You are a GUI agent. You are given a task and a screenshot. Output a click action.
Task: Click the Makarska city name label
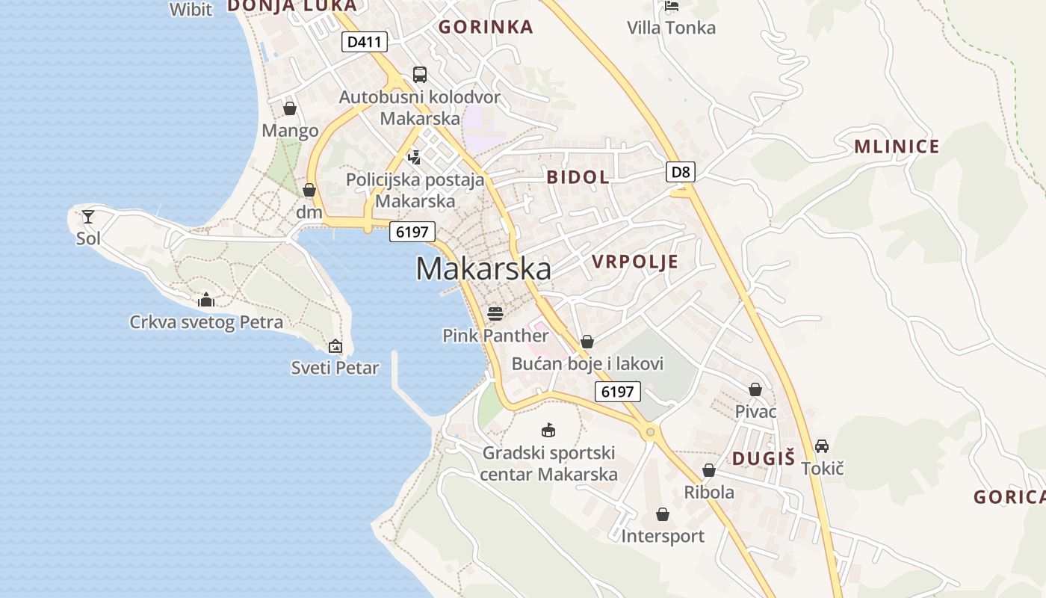pos(483,269)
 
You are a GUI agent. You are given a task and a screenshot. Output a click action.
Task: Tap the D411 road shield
pos(365,42)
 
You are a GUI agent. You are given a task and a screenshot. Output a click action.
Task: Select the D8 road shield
pos(681,173)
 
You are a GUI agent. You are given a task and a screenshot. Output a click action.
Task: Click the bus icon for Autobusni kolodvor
pos(420,75)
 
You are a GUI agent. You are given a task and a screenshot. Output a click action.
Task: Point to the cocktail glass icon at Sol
pos(88,217)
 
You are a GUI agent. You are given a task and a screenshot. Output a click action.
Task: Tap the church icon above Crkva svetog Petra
pos(206,300)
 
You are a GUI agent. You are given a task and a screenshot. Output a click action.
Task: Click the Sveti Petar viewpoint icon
pos(335,346)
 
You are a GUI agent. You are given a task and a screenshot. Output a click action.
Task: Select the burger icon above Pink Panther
pos(495,312)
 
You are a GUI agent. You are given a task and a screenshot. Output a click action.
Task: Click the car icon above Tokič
pos(822,446)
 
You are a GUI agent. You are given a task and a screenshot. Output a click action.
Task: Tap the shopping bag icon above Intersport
pos(662,514)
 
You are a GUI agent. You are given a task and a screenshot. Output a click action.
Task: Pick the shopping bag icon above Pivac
pos(755,389)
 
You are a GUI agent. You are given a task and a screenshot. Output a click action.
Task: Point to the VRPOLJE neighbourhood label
pos(635,262)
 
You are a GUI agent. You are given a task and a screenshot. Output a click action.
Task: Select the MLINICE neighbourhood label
pos(897,147)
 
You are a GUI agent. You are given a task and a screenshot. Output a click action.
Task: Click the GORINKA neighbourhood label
pos(486,28)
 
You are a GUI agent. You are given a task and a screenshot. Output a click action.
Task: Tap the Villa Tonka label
pos(671,28)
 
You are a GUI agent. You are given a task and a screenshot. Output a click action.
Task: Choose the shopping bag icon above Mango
pos(290,109)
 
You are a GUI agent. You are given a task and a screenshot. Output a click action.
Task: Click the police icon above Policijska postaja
pos(414,157)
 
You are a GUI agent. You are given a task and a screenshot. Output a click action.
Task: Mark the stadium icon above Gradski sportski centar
pos(548,430)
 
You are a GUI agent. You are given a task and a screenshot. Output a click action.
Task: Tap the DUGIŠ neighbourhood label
pos(763,459)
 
